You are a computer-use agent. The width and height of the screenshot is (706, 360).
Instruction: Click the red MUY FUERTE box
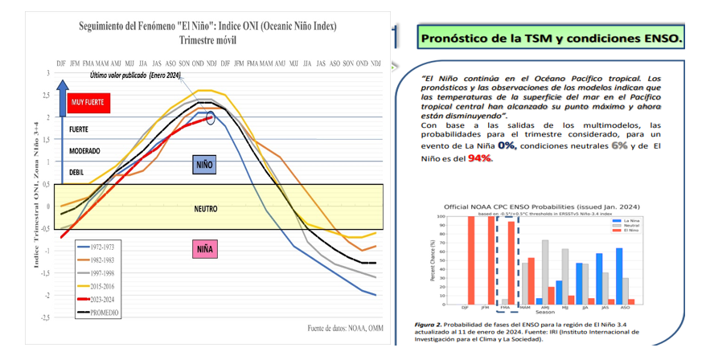point(88,103)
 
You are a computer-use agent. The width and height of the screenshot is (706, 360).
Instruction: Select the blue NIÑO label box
point(205,166)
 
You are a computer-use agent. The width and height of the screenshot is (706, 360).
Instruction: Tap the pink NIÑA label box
point(205,249)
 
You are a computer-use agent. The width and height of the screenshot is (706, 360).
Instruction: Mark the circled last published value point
point(211,118)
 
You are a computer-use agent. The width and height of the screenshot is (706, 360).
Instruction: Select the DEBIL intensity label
point(76,172)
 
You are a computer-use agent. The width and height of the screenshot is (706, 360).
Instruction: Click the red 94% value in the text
point(480,157)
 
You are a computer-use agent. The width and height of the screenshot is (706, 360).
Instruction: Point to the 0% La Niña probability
point(507,146)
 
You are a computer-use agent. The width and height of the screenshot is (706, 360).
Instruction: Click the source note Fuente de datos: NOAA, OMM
point(345,328)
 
